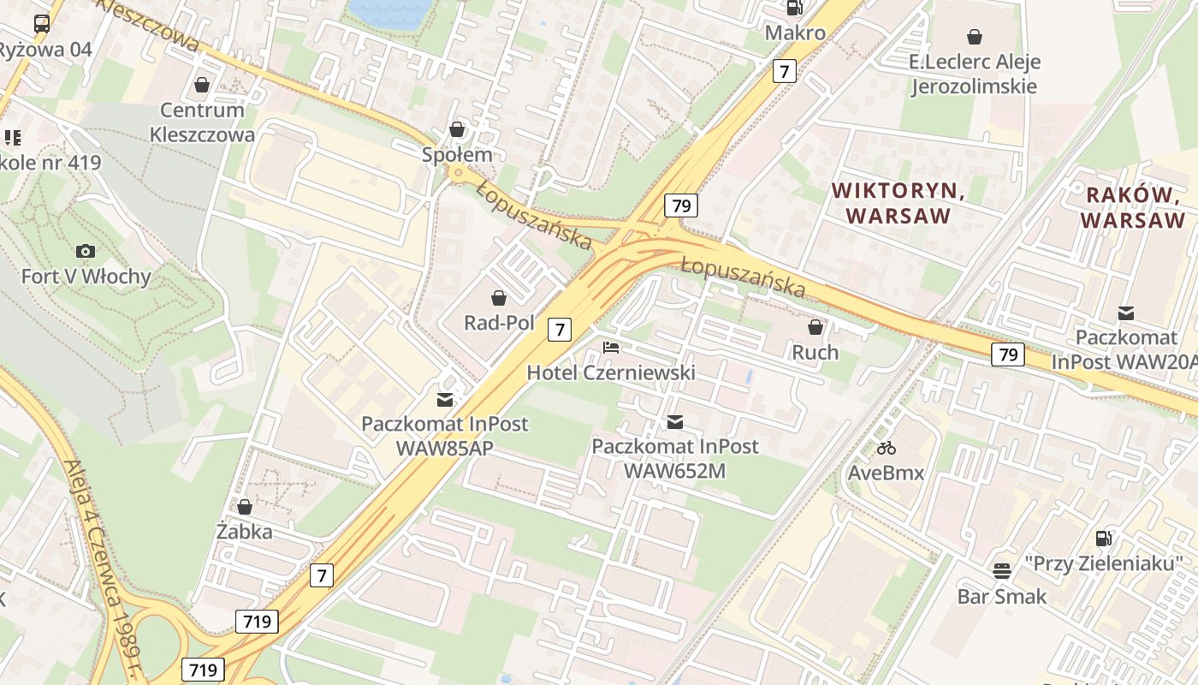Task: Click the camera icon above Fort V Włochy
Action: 86,251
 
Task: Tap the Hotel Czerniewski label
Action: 610,372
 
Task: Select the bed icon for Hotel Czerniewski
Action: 611,348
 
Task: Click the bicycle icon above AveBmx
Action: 886,448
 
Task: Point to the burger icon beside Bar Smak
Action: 1002,570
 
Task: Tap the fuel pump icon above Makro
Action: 795,8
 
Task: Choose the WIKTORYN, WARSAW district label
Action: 898,203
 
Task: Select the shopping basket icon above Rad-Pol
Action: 499,298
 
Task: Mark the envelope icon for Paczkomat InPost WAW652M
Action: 675,421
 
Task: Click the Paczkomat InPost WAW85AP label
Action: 444,435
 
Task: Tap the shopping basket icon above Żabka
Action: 245,507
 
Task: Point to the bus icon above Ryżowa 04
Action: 42,24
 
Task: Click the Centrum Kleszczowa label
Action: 202,122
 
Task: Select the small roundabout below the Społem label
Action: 458,174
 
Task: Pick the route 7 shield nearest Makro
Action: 784,71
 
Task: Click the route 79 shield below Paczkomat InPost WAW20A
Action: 1008,354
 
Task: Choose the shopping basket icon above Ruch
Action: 815,327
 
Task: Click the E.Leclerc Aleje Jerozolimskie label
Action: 974,74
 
